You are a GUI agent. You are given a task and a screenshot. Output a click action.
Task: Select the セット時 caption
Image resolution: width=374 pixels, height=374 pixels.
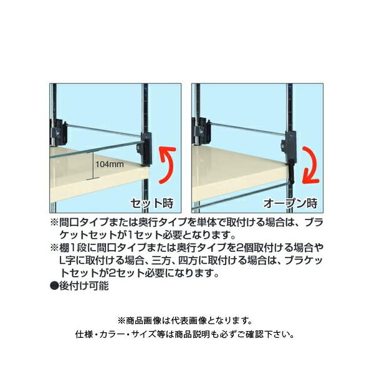[x=150, y=203]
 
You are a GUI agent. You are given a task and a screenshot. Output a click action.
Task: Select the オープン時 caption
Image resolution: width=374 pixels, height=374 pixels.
[x=292, y=203]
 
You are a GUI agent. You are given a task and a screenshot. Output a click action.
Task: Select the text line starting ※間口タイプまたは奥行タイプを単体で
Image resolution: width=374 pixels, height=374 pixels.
[x=186, y=222]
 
